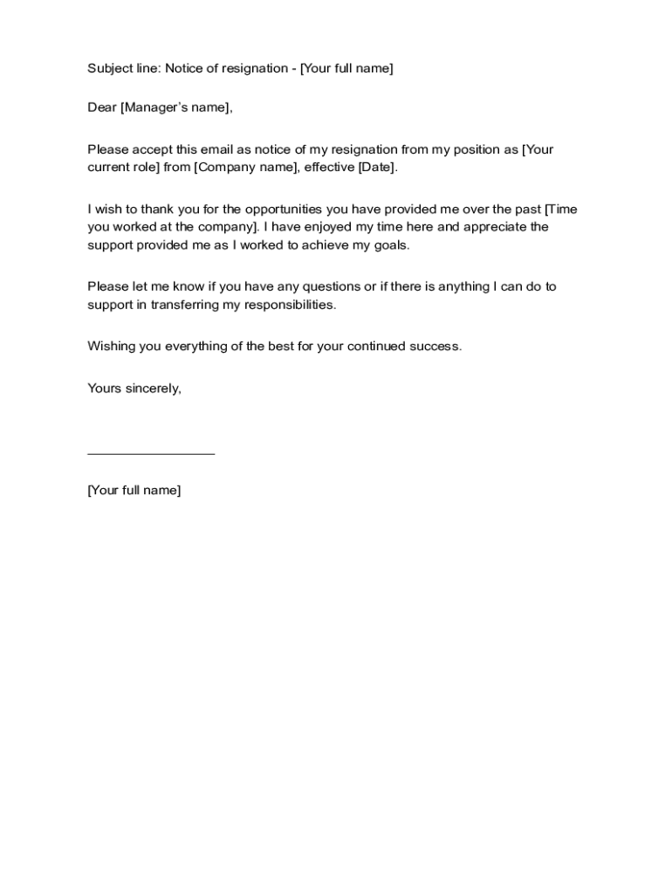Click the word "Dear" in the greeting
(102, 108)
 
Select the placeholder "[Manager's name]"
(175, 108)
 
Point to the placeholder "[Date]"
(377, 168)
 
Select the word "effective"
(329, 168)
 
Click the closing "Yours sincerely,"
(134, 389)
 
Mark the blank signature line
(151, 453)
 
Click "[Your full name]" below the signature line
(134, 491)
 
